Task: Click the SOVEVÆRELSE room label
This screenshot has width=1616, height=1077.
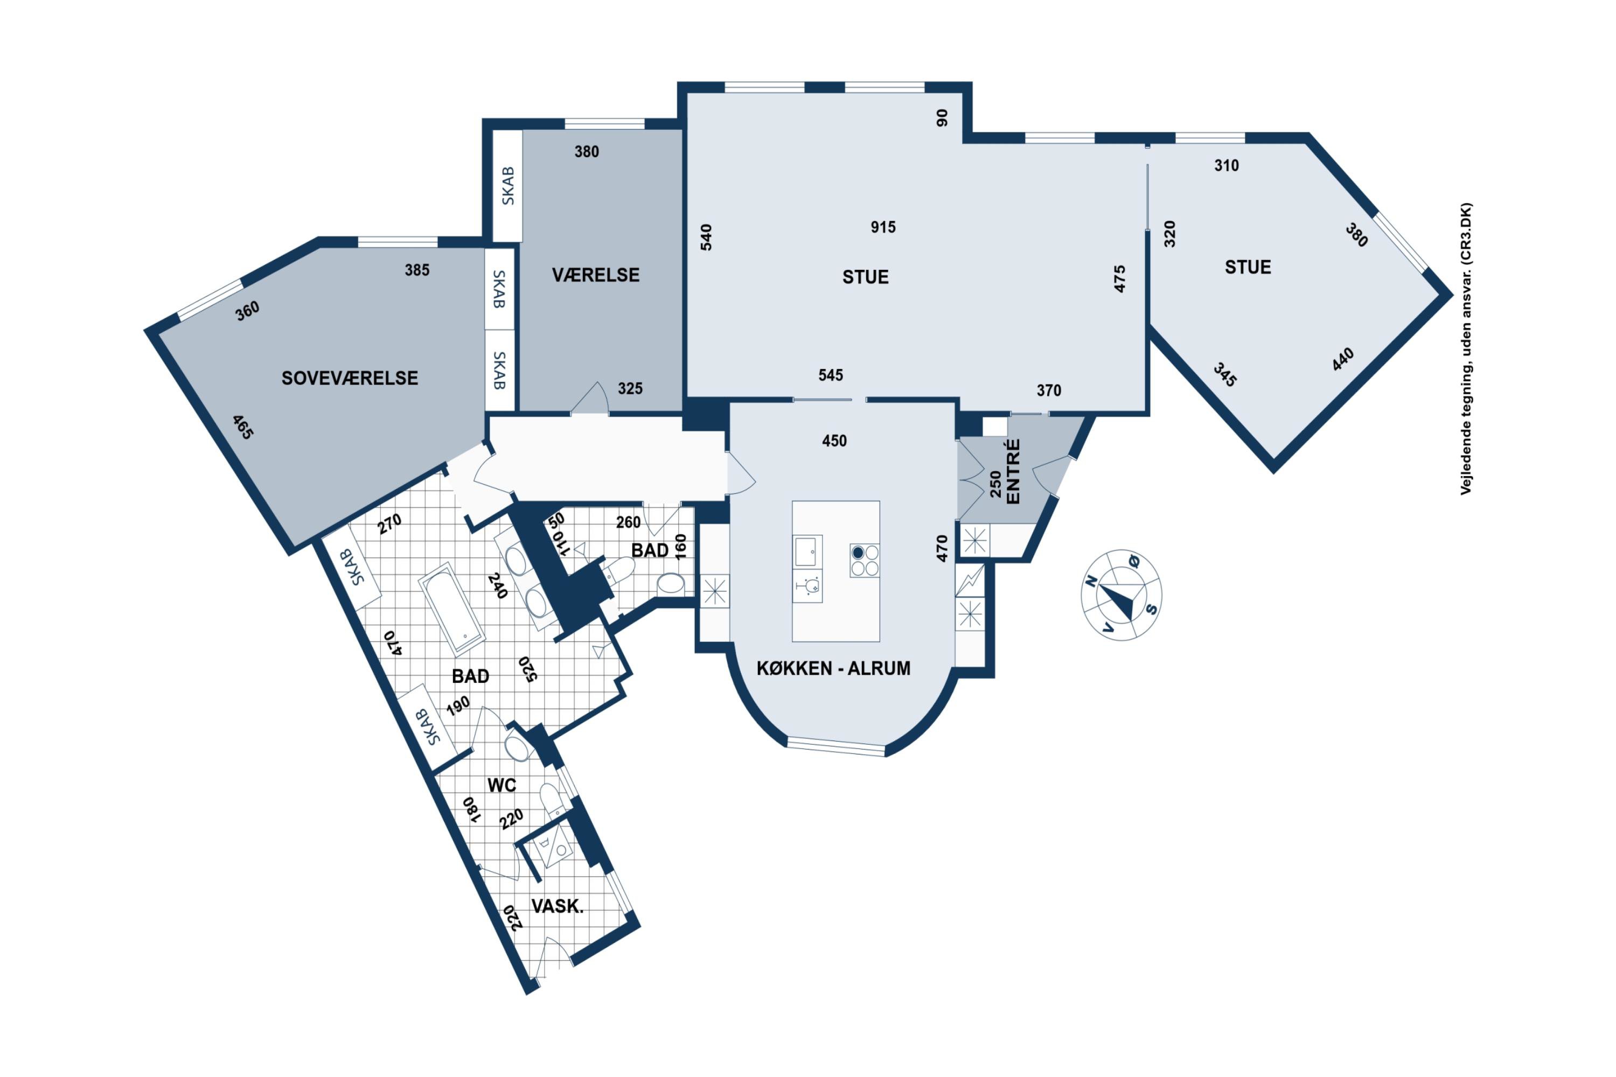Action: click(x=350, y=379)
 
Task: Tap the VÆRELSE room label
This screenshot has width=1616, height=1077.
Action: click(x=596, y=275)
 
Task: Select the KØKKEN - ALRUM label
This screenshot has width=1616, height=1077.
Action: click(x=833, y=668)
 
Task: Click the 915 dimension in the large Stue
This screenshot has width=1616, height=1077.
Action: click(x=883, y=227)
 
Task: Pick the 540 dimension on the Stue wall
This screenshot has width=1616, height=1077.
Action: click(x=706, y=237)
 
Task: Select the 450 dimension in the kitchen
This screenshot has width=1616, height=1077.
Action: click(x=834, y=441)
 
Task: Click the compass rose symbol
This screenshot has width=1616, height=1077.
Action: click(x=1122, y=595)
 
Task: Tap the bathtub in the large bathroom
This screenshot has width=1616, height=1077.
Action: click(x=452, y=608)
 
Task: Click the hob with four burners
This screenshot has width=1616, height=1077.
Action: click(x=865, y=561)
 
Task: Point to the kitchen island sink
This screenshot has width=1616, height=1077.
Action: click(x=805, y=551)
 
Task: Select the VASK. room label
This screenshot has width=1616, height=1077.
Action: click(x=557, y=906)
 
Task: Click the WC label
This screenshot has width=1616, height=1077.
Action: click(x=501, y=785)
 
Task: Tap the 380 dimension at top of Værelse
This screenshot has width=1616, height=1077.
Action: click(x=587, y=152)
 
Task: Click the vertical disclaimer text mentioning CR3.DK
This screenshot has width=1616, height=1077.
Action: click(x=1466, y=349)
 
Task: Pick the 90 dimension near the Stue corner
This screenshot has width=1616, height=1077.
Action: click(x=942, y=118)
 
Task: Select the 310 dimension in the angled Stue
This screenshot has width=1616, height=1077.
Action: click(x=1227, y=165)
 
